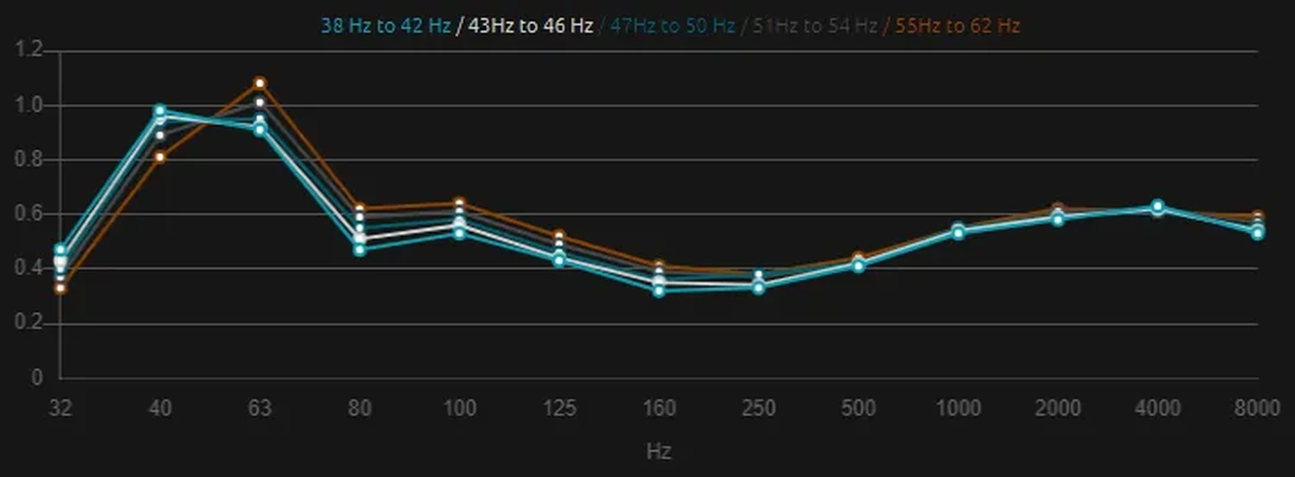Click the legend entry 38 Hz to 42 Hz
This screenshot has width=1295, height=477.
tap(385, 26)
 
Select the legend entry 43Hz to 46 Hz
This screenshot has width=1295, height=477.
tap(529, 26)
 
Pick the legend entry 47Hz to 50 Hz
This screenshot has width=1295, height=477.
tap(673, 26)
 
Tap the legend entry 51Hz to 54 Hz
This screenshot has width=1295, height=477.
tap(815, 26)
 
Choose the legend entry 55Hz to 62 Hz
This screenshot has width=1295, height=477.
tap(957, 26)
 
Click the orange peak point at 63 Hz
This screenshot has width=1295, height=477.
tap(260, 83)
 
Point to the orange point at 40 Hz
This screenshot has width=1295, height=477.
tap(160, 157)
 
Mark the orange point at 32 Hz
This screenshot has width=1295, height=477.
tap(60, 288)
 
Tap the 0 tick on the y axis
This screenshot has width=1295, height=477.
tap(36, 378)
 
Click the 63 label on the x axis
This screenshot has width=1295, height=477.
tap(260, 408)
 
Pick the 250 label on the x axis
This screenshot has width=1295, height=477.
tap(759, 408)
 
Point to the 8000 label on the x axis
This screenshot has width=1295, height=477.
tap(1257, 408)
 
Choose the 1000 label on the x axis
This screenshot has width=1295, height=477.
tap(958, 408)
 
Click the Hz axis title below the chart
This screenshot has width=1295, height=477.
tap(659, 451)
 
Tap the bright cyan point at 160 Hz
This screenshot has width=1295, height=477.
tap(660, 291)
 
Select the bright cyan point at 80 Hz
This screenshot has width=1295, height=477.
tap(360, 250)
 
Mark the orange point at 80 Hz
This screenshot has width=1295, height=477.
tap(360, 209)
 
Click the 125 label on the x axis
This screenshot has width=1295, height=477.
tap(559, 408)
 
